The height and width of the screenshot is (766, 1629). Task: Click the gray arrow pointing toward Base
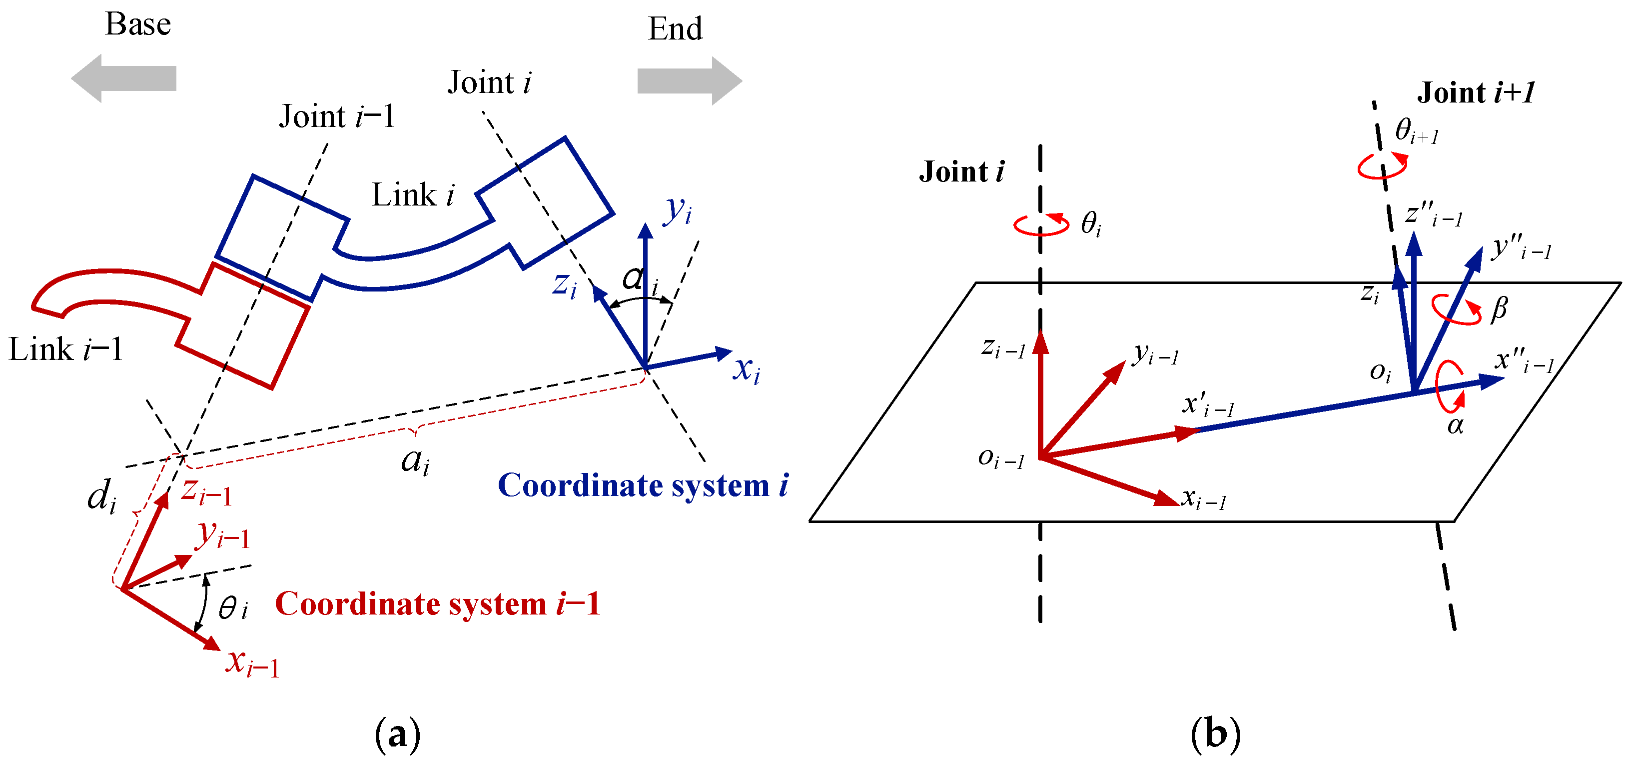click(x=123, y=78)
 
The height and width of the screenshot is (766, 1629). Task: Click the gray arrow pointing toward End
click(x=689, y=81)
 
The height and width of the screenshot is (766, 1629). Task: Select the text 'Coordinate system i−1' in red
click(x=438, y=603)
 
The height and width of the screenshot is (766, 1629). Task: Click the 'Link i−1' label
click(x=66, y=349)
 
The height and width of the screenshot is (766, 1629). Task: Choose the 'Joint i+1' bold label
click(x=1475, y=93)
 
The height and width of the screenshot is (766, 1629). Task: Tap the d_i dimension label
click(x=101, y=496)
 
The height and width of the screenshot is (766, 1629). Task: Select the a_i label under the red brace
click(x=415, y=460)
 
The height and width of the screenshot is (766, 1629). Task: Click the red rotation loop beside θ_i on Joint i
click(x=1041, y=224)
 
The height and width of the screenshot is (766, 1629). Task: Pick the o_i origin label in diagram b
click(x=1381, y=372)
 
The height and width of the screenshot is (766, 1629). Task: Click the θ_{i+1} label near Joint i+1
click(x=1417, y=131)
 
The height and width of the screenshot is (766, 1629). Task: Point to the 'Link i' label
click(x=412, y=195)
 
